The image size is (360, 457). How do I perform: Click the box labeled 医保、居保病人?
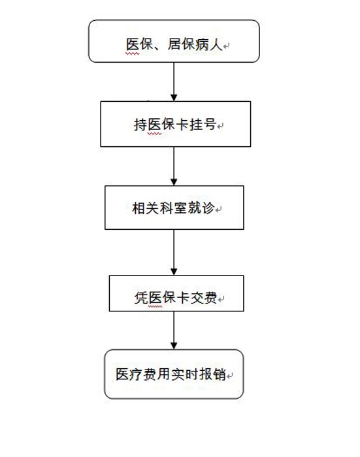click(x=174, y=41)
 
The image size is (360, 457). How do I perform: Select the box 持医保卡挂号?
click(x=175, y=124)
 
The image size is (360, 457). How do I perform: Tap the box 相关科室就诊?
click(x=174, y=208)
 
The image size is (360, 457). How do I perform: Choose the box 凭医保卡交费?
click(x=176, y=293)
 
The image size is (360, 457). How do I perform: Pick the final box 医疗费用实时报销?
click(x=174, y=374)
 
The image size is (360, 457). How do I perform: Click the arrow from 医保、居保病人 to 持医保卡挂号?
click(x=174, y=82)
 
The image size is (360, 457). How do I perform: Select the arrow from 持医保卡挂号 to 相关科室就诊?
click(x=174, y=166)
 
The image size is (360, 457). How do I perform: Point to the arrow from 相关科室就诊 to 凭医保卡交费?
click(x=174, y=253)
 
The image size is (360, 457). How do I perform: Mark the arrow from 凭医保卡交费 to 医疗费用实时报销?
click(x=174, y=330)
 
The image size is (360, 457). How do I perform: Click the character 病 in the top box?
click(x=201, y=44)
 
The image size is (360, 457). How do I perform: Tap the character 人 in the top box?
click(x=216, y=44)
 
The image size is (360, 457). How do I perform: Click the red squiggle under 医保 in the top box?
click(x=133, y=54)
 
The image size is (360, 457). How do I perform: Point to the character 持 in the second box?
click(x=140, y=125)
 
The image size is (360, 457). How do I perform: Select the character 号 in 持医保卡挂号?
click(x=210, y=125)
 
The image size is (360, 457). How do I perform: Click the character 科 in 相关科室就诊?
click(x=167, y=208)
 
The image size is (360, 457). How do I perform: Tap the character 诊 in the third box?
click(x=208, y=208)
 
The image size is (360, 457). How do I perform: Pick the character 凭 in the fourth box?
click(x=141, y=298)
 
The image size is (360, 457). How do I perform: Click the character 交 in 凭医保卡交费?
click(x=197, y=298)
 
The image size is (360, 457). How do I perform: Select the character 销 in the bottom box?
click(x=220, y=374)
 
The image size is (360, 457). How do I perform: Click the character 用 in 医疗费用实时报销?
click(x=164, y=374)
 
